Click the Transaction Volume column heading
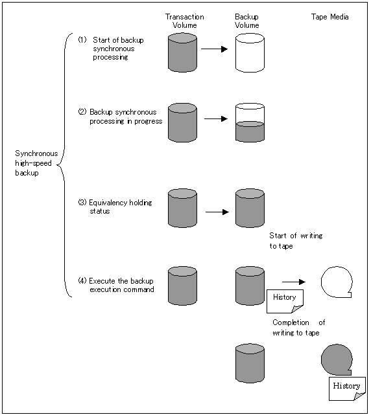tap(185, 21)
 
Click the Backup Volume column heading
tap(247, 21)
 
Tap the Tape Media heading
tap(330, 17)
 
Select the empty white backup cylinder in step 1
tap(250, 52)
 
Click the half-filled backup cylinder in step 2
tap(250, 122)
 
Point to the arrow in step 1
tap(215, 49)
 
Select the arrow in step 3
tap(217, 212)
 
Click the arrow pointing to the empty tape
tap(294, 282)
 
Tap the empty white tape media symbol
tap(337, 282)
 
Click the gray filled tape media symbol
tap(337, 360)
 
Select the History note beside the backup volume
tap(285, 301)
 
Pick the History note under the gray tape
tap(347, 389)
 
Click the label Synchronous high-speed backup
tap(36, 163)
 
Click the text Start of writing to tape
tap(296, 241)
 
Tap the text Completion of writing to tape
tap(299, 328)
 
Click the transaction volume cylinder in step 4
tap(182, 286)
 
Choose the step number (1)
tap(82, 40)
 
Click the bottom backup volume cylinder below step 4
tap(250, 363)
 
